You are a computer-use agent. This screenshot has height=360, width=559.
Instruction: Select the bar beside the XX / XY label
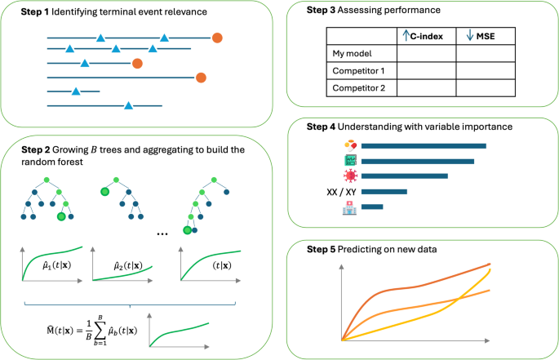pyautogui.click(x=384, y=192)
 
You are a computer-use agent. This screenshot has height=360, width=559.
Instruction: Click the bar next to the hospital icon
pyautogui.click(x=372, y=207)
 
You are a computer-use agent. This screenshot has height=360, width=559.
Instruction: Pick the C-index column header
pyautogui.click(x=425, y=36)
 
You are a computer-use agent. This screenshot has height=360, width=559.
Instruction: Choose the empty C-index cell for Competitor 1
pyautogui.click(x=426, y=71)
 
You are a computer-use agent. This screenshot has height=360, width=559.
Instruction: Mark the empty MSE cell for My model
pyautogui.click(x=486, y=54)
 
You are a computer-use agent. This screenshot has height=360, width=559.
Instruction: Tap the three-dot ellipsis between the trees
pyautogui.click(x=162, y=233)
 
